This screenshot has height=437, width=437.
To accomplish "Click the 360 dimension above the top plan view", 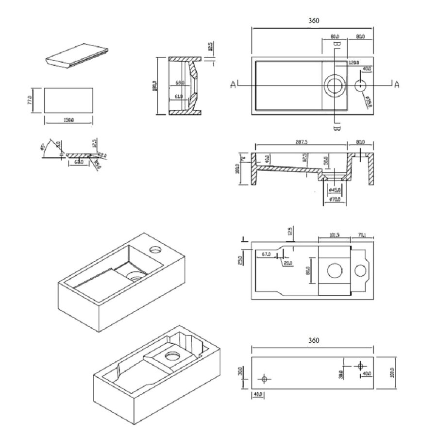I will (314, 21).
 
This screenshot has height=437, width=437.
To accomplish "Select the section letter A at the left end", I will (234, 85).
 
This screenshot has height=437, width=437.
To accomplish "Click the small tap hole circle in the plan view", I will (360, 86).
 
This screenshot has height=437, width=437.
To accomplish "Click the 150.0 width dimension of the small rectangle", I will (68, 119).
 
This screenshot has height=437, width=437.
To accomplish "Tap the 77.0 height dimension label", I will (31, 100).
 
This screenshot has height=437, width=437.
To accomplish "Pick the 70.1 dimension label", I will (361, 235).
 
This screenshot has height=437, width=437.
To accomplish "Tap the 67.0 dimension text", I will (266, 254).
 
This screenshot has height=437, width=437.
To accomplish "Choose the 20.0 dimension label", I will (288, 263).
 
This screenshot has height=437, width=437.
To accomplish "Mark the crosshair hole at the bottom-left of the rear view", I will (265, 378).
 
